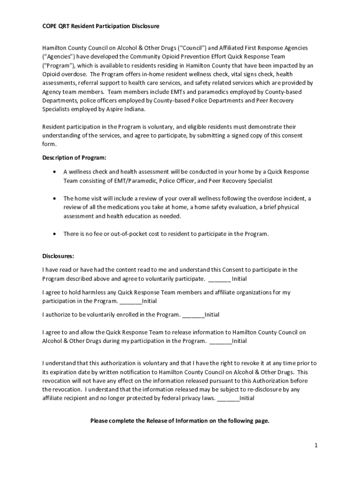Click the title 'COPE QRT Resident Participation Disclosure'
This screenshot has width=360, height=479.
coord(101,26)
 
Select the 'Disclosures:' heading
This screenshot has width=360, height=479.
coord(58,256)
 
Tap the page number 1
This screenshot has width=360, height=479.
coord(316,445)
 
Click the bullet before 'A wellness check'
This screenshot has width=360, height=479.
coord(55,172)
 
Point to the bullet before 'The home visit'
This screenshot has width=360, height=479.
coord(55,198)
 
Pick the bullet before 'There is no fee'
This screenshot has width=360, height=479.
coord(55,234)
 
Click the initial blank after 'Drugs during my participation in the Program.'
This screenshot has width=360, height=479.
coord(221,341)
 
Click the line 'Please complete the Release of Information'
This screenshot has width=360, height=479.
coord(180,421)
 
